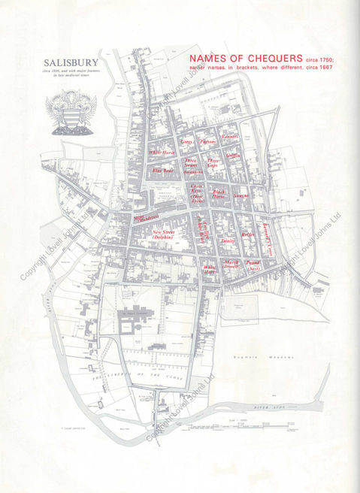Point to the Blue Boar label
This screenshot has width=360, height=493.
[164, 171]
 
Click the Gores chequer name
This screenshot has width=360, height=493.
[187, 141]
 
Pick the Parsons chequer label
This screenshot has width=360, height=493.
[207, 141]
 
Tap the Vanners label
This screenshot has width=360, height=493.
[229, 137]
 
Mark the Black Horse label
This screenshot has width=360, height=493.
[219, 193]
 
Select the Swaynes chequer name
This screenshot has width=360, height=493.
[241, 196]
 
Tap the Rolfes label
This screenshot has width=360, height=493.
[249, 235]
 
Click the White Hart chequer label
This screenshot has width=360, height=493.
[210, 268]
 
